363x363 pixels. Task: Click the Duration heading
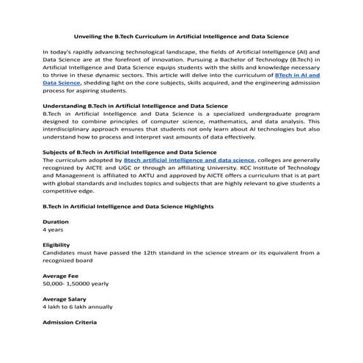(x=56, y=221)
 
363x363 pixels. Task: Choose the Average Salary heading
(x=65, y=299)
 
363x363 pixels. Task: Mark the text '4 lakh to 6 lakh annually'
(x=78, y=307)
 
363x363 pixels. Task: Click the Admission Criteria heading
(x=70, y=323)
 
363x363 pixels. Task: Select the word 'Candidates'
(x=61, y=253)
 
